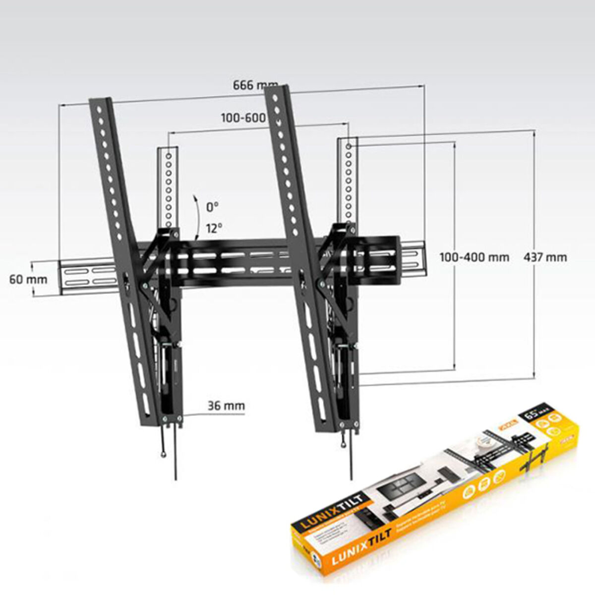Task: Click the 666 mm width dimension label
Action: coord(255,85)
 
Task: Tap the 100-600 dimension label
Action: coord(243,118)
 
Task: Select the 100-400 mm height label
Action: coord(475,257)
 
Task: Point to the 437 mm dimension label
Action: coord(545,257)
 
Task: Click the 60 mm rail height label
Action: coord(28,279)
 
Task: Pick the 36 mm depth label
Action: coord(226,406)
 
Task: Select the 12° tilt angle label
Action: coord(214,228)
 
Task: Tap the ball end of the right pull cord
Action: coord(344,443)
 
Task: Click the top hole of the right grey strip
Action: coord(349,147)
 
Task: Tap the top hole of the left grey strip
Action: coord(169,156)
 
